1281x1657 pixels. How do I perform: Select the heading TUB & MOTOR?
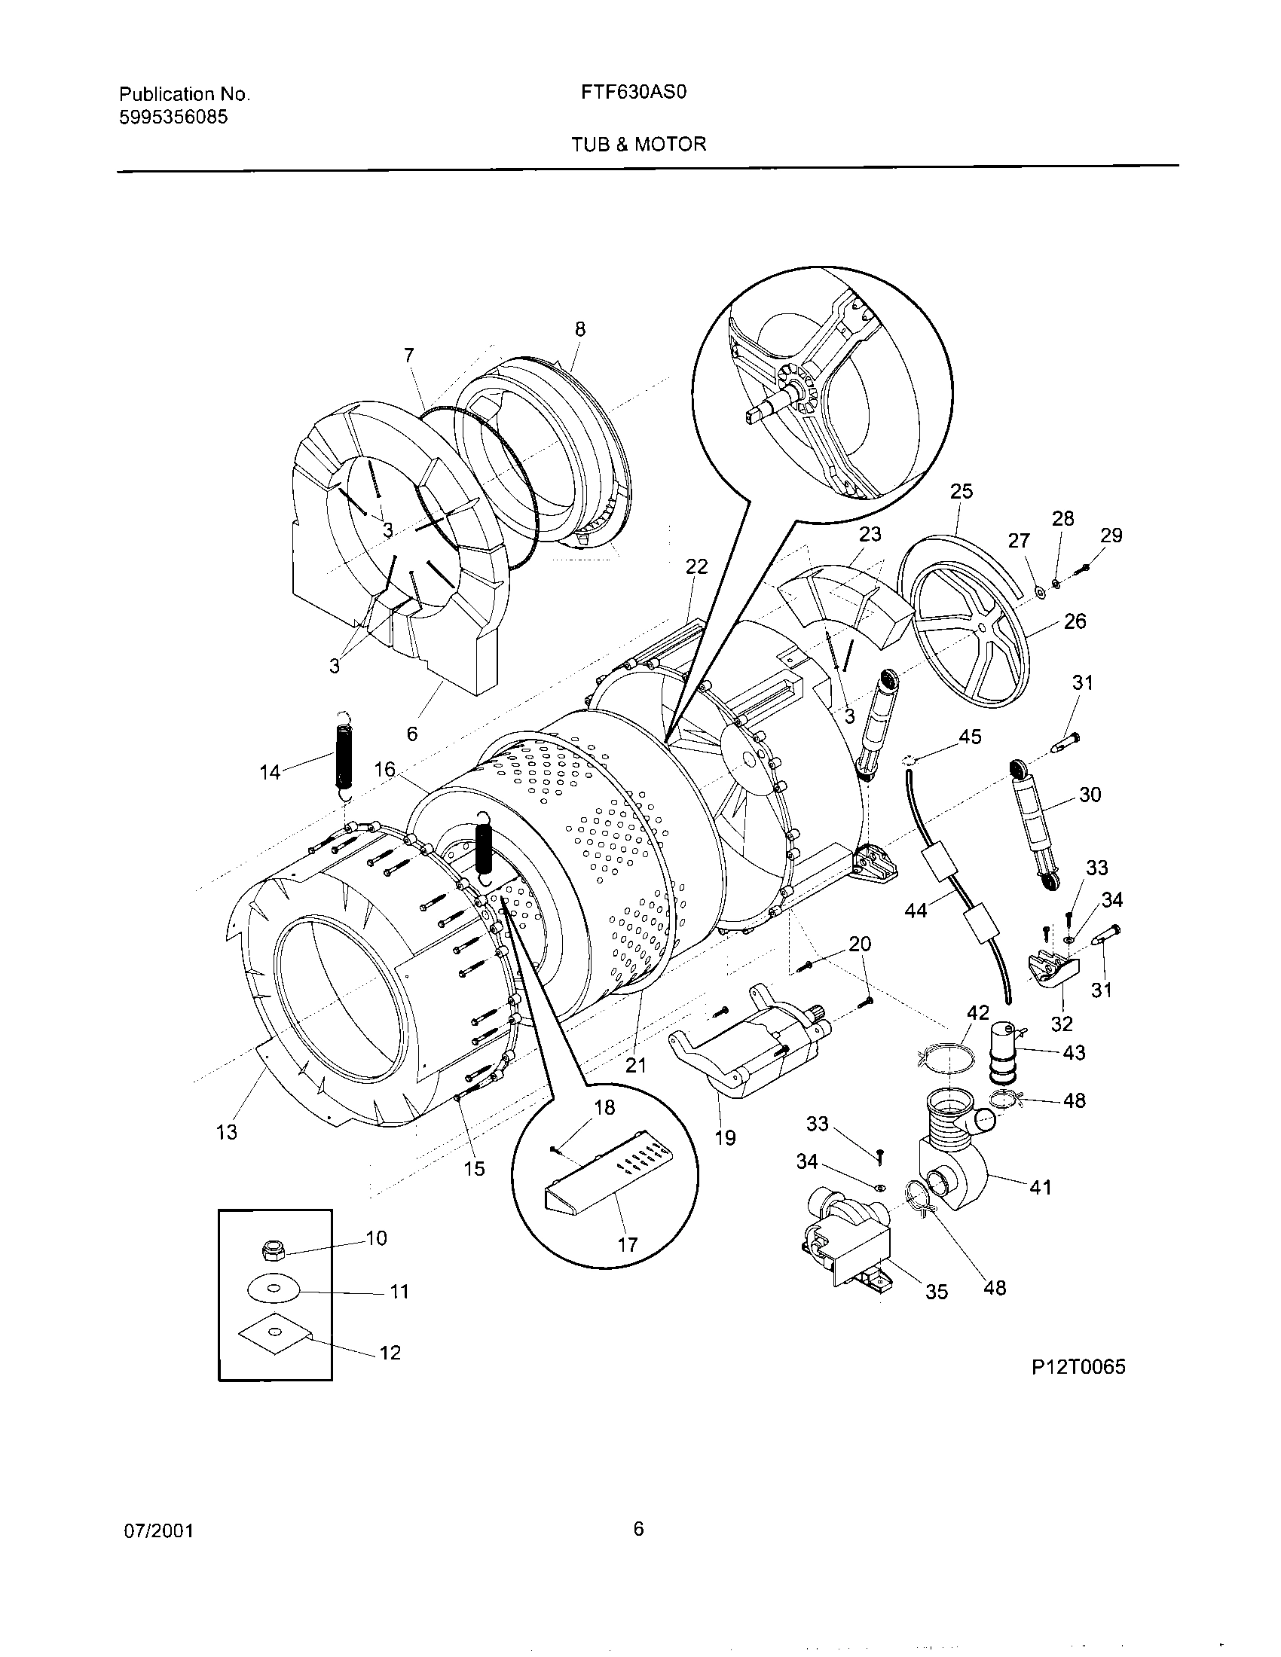coord(638,144)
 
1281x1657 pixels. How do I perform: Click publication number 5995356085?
coord(174,117)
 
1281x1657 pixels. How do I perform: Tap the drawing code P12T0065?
coord(1078,1367)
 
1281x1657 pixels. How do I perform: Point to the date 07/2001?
coord(157,1531)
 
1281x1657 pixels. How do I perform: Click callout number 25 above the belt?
coord(961,491)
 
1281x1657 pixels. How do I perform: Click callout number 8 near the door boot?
coord(579,329)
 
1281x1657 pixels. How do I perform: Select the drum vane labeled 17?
coord(607,1182)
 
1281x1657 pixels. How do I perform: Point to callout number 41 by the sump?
coord(1040,1186)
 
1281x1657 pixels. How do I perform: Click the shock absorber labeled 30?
coord(1033,822)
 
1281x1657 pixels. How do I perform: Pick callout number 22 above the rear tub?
coord(696,566)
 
